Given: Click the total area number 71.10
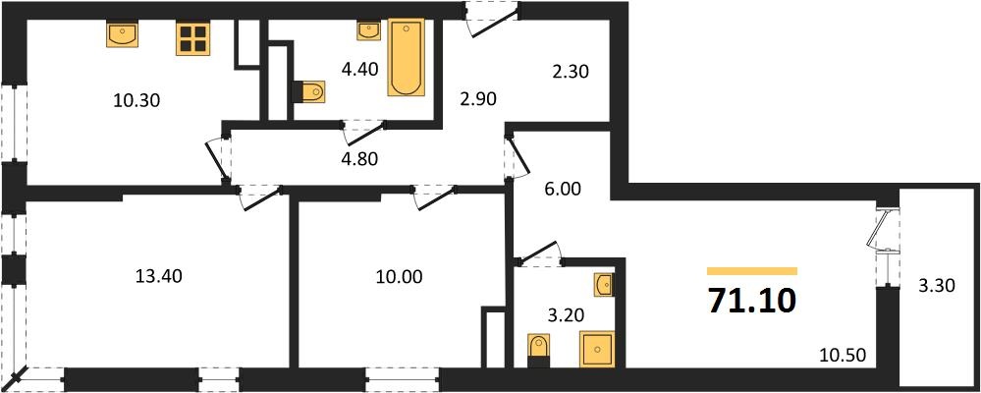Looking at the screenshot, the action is [752, 301].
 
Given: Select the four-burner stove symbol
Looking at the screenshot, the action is [191, 38].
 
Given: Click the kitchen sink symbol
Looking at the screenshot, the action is [123, 34].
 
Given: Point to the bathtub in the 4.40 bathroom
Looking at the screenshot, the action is [406, 57].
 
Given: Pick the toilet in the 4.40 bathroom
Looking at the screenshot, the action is [310, 92].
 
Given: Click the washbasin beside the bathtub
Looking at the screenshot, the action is [369, 31].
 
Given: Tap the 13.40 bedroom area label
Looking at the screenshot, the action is [159, 275].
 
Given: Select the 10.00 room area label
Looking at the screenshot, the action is [398, 275].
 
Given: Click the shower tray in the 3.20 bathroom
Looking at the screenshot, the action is [597, 349].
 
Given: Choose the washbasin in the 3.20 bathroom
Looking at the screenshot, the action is [604, 285].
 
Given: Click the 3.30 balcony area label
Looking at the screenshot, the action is [937, 288].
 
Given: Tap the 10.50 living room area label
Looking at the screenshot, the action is [844, 357].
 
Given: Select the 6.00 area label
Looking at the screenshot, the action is [566, 189].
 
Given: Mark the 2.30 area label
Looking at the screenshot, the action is [571, 73].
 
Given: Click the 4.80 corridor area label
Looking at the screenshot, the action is [360, 158].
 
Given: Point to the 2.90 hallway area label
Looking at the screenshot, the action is [477, 100].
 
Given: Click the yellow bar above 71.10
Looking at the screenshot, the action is [752, 271].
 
